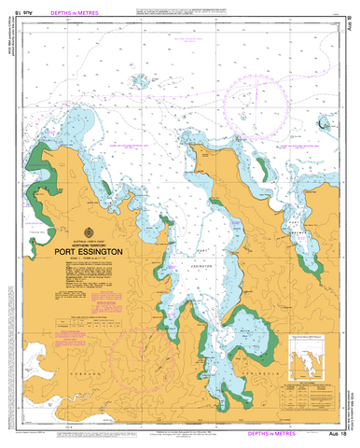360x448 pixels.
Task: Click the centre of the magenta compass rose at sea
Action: click(x=266, y=99)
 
